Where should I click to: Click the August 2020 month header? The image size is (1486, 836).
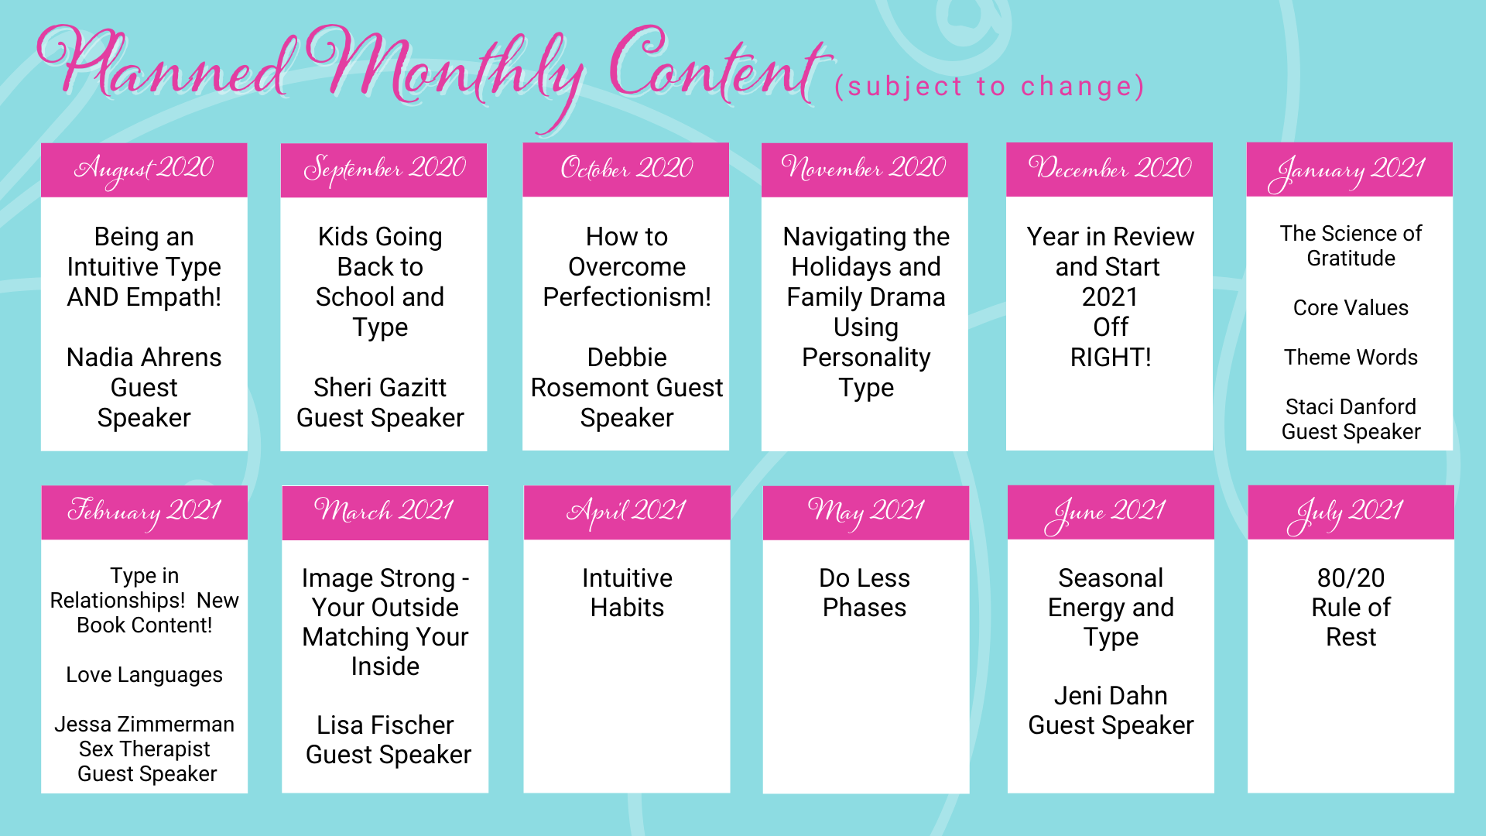click(x=144, y=170)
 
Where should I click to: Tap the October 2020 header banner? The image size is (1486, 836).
click(x=626, y=170)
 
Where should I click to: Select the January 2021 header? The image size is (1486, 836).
click(x=1350, y=170)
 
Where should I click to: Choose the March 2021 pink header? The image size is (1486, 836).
click(x=385, y=512)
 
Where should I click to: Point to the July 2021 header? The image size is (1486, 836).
click(x=1351, y=512)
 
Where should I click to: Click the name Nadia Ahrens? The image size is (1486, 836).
click(x=144, y=358)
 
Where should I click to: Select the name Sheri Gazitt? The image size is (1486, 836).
click(x=380, y=388)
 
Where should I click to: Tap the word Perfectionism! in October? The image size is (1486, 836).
click(x=627, y=297)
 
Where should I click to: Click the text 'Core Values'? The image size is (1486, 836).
click(x=1351, y=308)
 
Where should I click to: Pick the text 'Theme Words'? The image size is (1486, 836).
click(x=1351, y=358)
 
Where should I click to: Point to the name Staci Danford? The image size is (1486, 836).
click(x=1351, y=407)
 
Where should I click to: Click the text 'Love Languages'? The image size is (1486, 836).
click(x=144, y=675)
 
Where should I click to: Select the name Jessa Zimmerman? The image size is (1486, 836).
click(x=144, y=725)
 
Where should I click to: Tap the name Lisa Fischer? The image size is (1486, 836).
click(x=385, y=725)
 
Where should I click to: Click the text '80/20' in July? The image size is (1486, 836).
click(x=1351, y=578)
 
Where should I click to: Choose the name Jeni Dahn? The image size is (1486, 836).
click(x=1111, y=696)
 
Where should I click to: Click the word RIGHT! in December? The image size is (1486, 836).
click(x=1111, y=358)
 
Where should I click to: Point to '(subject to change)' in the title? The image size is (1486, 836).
click(x=989, y=87)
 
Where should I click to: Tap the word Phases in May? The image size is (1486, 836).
click(x=865, y=608)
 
